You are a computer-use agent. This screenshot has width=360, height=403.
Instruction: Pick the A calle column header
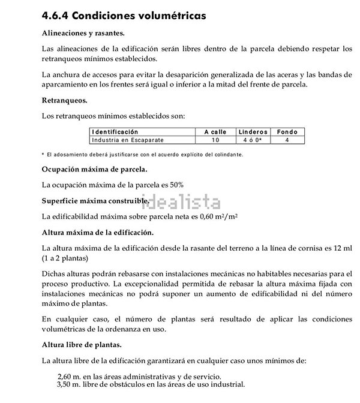[215, 132]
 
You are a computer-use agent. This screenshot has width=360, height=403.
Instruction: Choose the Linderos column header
[253, 132]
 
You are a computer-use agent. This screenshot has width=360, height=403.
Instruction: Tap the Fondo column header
[287, 132]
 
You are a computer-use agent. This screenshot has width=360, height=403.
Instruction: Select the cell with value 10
[215, 140]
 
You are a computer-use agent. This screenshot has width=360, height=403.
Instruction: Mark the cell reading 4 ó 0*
[252, 140]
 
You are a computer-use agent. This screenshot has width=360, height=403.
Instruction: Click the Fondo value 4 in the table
[287, 140]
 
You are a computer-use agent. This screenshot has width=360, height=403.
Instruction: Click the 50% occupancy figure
[176, 185]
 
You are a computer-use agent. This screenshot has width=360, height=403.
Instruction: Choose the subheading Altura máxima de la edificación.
[98, 231]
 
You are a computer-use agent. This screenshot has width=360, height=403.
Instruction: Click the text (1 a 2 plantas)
[65, 258]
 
